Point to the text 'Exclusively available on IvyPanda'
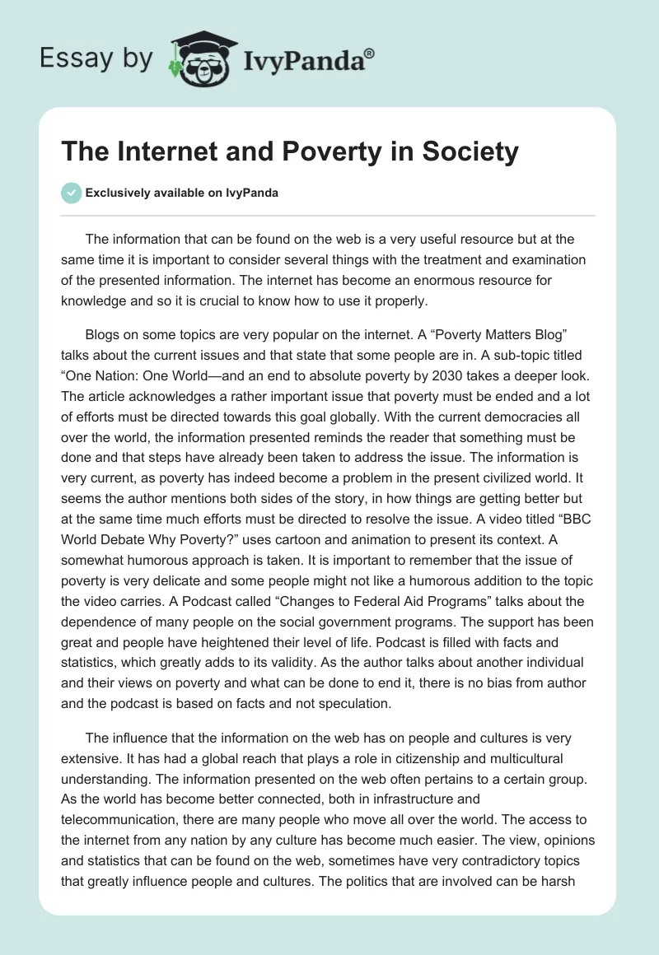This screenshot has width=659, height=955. tap(181, 193)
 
